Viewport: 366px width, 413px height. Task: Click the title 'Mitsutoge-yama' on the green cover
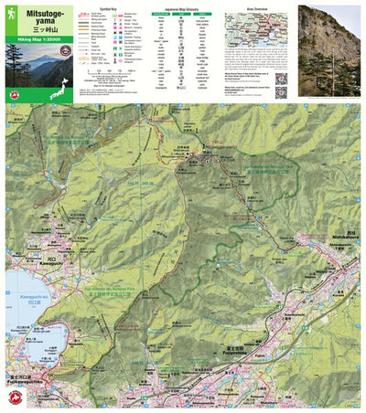31,12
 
